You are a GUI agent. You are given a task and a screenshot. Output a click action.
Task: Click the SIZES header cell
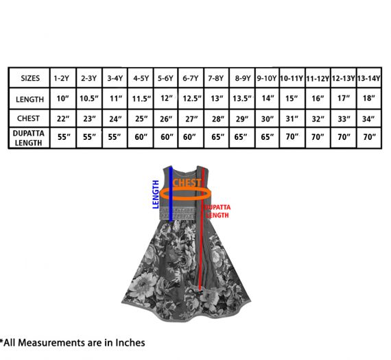30,78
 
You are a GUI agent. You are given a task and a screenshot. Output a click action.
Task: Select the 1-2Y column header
61,79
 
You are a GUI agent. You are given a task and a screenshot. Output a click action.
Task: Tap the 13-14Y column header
369,79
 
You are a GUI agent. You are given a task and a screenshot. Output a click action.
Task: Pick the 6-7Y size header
191,79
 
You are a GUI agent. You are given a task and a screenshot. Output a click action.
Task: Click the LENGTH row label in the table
30,99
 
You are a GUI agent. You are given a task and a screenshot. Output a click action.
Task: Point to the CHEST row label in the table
28,118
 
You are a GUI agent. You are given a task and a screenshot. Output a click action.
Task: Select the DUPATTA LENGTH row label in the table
28,138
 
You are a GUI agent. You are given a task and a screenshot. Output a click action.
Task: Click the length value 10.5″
89,99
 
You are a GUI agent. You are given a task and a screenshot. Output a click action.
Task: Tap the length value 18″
369,98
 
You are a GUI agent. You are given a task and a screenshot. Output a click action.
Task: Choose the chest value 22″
63,119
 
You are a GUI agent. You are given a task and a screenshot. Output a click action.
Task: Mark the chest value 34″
368,119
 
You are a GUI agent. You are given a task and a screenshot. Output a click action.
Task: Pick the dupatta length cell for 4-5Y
141,137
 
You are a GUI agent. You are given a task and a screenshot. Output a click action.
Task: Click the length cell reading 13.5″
242,99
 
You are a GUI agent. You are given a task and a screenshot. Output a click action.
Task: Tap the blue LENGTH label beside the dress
156,195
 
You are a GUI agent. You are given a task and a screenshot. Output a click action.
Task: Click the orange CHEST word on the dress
187,182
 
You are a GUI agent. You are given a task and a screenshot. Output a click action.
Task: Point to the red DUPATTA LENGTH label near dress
217,211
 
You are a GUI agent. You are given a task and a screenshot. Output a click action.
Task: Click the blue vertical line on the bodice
171,193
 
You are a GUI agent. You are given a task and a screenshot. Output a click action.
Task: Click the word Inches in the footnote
130,343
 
